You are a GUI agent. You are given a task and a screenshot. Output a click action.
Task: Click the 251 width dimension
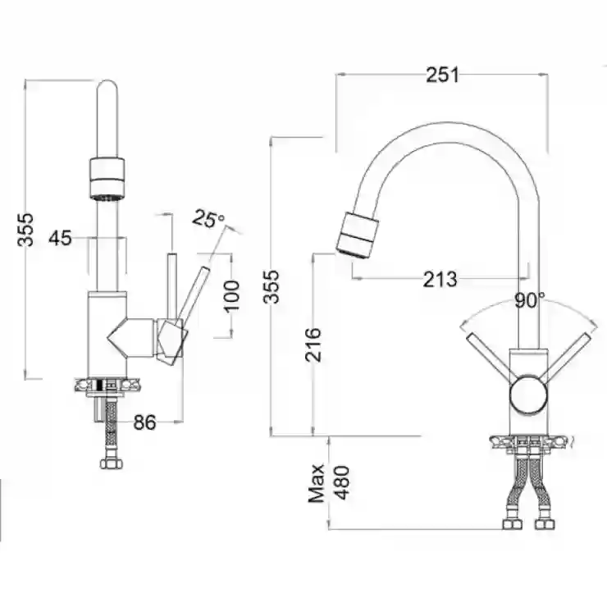click(x=442, y=75)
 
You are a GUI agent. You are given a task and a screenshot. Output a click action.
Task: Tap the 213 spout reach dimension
click(x=440, y=279)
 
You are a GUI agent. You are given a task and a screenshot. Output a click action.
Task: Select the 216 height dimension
click(x=313, y=345)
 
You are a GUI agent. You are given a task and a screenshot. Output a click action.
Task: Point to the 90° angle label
click(x=529, y=299)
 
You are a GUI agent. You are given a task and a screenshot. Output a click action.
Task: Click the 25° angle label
click(x=208, y=219)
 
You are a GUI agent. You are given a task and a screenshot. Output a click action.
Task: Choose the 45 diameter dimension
click(x=60, y=238)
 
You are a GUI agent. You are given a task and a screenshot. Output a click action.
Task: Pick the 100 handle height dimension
click(x=232, y=296)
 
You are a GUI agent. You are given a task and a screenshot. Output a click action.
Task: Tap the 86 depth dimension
click(x=145, y=422)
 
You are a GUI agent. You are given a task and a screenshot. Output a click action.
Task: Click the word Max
click(x=317, y=483)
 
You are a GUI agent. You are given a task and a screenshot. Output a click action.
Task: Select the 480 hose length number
click(x=341, y=483)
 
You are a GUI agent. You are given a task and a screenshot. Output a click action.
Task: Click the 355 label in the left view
click(x=25, y=230)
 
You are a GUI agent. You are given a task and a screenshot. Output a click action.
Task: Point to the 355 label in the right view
click(x=271, y=286)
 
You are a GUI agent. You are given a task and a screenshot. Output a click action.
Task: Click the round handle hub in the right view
click(x=528, y=394)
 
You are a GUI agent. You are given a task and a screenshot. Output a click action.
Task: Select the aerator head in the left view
click(x=107, y=180)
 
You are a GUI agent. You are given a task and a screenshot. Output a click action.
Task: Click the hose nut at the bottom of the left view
click(x=112, y=463)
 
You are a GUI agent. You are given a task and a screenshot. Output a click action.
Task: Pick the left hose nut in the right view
click(x=513, y=524)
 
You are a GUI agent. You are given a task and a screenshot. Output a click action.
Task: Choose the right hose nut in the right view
click(x=545, y=524)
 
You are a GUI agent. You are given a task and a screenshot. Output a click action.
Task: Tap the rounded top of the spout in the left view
click(x=107, y=87)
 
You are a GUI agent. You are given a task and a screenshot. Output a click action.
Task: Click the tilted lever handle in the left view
click(x=193, y=294)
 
